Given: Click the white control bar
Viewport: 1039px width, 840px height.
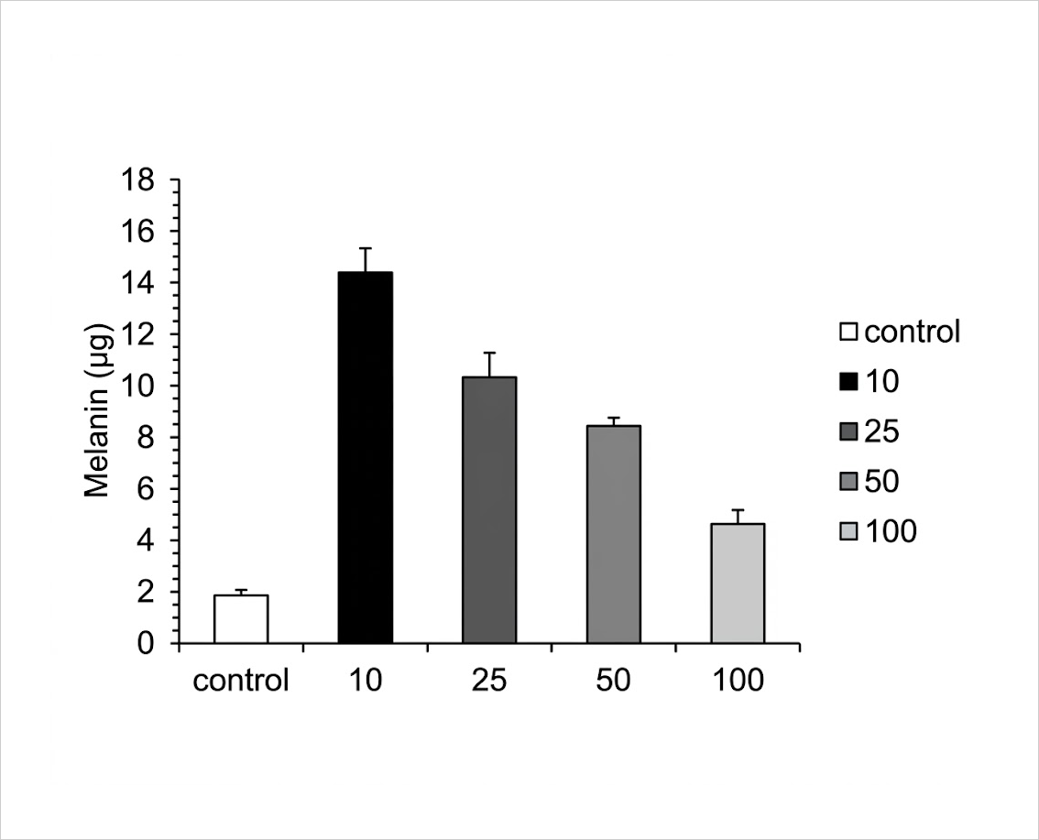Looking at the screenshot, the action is tap(241, 618).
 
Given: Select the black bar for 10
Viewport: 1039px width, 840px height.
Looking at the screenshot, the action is tap(365, 457).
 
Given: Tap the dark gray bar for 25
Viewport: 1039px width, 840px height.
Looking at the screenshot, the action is tap(489, 510).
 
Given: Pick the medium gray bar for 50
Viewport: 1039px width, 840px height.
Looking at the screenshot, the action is tap(614, 534).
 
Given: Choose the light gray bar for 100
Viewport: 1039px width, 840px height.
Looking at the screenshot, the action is tap(738, 583).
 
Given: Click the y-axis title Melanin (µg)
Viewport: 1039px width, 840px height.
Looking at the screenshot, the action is tap(98, 410).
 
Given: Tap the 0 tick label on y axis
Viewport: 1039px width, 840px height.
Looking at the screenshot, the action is tap(145, 643).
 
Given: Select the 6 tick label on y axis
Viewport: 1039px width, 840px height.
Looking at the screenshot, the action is tap(145, 489).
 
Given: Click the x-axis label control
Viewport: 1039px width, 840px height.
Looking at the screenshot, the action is tap(241, 681).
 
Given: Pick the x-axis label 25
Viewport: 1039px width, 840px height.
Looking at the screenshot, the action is tap(489, 681).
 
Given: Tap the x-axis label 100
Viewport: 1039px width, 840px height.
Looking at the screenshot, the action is tap(738, 681).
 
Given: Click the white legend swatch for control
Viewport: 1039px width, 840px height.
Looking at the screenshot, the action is tap(848, 332).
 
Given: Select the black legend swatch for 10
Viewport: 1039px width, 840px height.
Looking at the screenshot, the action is tap(848, 382).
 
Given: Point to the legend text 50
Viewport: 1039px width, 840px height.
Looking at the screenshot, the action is tap(882, 481).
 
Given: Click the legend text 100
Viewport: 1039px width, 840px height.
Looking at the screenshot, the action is tap(891, 530).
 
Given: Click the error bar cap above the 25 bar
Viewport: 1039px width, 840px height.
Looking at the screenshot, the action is tap(489, 353).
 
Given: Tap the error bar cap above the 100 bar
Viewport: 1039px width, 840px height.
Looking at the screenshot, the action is tap(738, 510).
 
